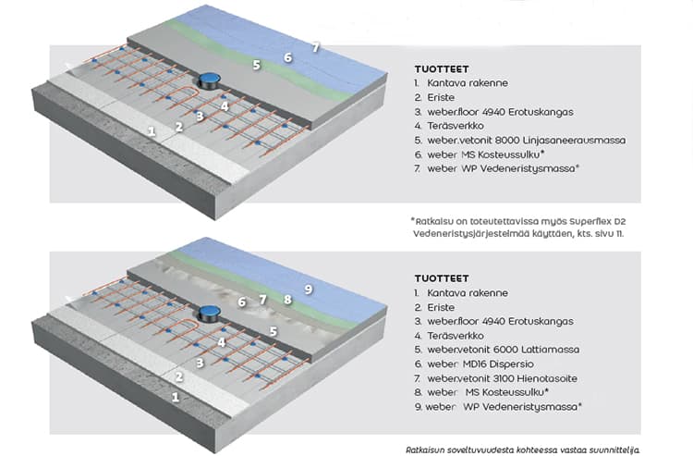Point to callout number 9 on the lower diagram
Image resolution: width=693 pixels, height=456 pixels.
tap(309, 290)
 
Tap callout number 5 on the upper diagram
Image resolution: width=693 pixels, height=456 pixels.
tap(257, 66)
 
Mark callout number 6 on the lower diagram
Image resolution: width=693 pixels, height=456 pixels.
tap(242, 302)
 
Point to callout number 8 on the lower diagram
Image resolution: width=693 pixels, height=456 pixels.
tap(287, 299)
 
